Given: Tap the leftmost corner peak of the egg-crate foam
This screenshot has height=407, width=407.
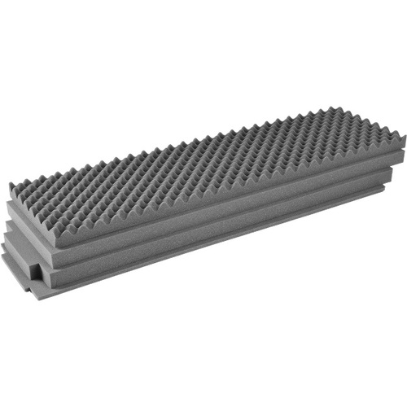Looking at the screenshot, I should coord(11,189).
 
